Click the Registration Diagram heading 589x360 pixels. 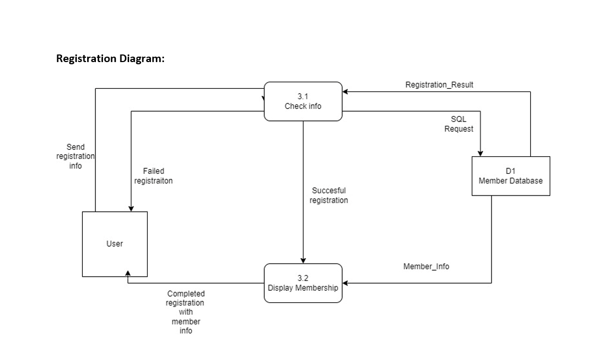pos(110,58)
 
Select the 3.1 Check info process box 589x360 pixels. pos(303,101)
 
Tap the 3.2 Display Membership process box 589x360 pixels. pos(303,283)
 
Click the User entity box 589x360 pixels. pos(114,244)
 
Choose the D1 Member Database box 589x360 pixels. pos(511,176)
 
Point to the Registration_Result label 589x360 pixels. pos(439,85)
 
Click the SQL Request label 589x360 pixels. pos(459,124)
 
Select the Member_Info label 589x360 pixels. pos(426,266)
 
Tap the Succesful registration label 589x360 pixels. pos(329,196)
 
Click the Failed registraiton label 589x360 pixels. pos(154,176)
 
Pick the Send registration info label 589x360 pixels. pos(76,156)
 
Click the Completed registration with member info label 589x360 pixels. pos(186,312)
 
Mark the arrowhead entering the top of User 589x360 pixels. pos(131,208)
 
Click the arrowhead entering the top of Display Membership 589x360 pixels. pos(303,260)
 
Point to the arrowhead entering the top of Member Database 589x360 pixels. pos(481,153)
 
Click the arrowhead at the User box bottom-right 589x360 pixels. pos(127,274)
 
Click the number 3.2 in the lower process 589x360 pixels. pos(303,278)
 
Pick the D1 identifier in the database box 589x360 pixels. pos(511,171)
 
